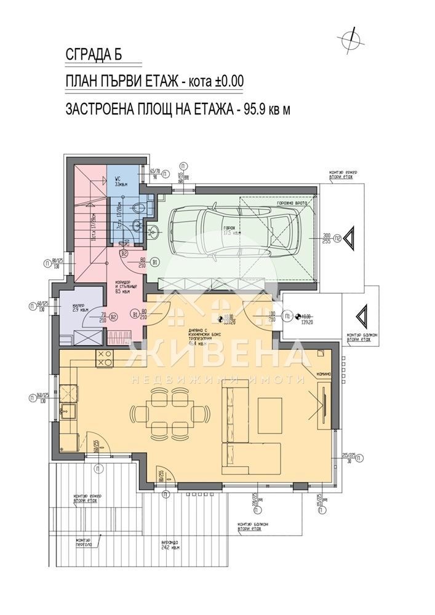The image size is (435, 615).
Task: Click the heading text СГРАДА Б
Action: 94,54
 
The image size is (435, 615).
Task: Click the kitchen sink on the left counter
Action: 66,409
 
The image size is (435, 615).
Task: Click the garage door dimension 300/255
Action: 327,239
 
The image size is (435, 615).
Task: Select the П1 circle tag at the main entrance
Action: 287,317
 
